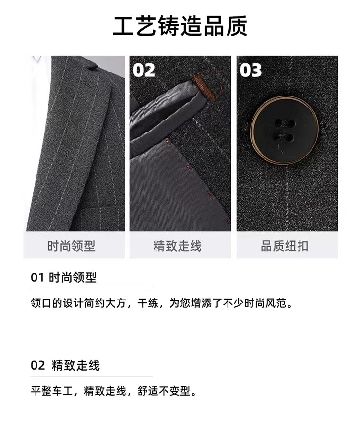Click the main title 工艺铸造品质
pyautogui.click(x=180, y=26)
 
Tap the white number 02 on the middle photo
pyautogui.click(x=144, y=70)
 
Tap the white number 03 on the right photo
pyautogui.click(x=251, y=70)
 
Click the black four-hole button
pyautogui.click(x=284, y=130)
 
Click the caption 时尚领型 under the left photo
pyautogui.click(x=72, y=246)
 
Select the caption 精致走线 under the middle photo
pyautogui.click(x=178, y=246)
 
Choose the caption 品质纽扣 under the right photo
pyautogui.click(x=284, y=246)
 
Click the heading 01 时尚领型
pyautogui.click(x=64, y=277)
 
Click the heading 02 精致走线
pyautogui.click(x=65, y=365)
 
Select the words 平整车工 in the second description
pyautogui.click(x=51, y=391)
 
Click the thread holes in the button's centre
pyautogui.click(x=284, y=129)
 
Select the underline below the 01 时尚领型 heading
pyautogui.click(x=92, y=288)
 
